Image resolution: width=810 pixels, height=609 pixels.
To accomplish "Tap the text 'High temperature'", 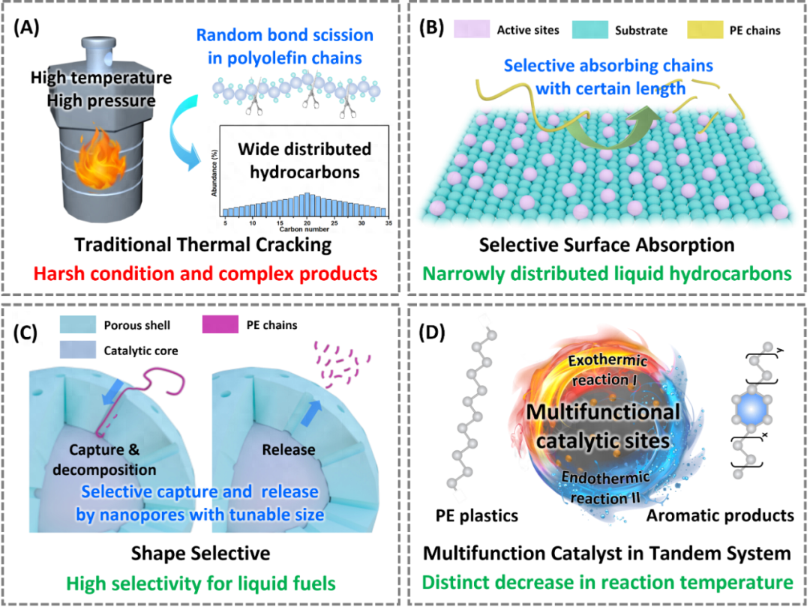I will (x=102, y=78).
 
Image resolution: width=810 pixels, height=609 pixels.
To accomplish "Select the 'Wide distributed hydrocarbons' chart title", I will (x=304, y=160).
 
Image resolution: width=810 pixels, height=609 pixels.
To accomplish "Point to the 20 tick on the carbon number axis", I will (x=307, y=222).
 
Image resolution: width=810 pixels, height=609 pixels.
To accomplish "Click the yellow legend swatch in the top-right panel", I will (x=705, y=30).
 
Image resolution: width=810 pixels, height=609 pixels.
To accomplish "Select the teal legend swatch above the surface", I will (x=590, y=30).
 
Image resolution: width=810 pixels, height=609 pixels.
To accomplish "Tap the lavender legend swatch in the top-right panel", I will (x=472, y=30).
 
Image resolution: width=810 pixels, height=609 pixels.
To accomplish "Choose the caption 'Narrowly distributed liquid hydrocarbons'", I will (x=605, y=273).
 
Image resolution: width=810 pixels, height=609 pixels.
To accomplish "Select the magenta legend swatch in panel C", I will (x=220, y=324).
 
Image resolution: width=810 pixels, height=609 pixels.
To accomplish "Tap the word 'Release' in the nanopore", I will (x=289, y=450).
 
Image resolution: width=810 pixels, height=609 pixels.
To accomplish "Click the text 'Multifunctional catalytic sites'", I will (x=602, y=425).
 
